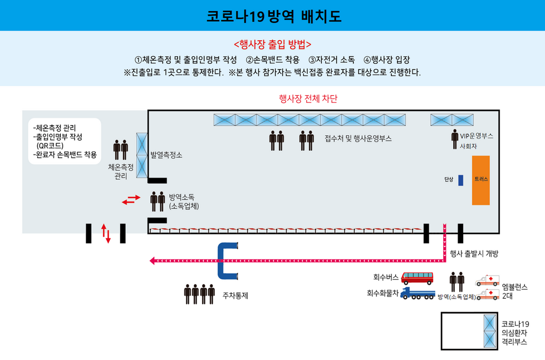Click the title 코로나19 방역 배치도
pyautogui.click(x=273, y=16)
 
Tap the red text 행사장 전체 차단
pyautogui.click(x=308, y=99)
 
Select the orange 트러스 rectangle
pyautogui.click(x=480, y=180)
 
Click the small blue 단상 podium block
pyautogui.click(x=461, y=180)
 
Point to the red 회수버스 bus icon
pyautogui.click(x=417, y=277)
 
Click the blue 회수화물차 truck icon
pyautogui.click(x=418, y=293)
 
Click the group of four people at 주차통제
pyautogui.click(x=199, y=294)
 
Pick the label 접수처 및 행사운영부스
pyautogui.click(x=358, y=139)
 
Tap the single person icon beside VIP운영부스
pyautogui.click(x=455, y=140)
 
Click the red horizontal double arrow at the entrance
pyautogui.click(x=131, y=199)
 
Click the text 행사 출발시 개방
pyautogui.click(x=473, y=254)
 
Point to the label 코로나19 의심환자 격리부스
pyautogui.click(x=515, y=333)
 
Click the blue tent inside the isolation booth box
pyautogui.click(x=490, y=331)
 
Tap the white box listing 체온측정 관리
pyautogui.click(x=65, y=141)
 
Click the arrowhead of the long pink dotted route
pyautogui.click(x=153, y=260)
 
